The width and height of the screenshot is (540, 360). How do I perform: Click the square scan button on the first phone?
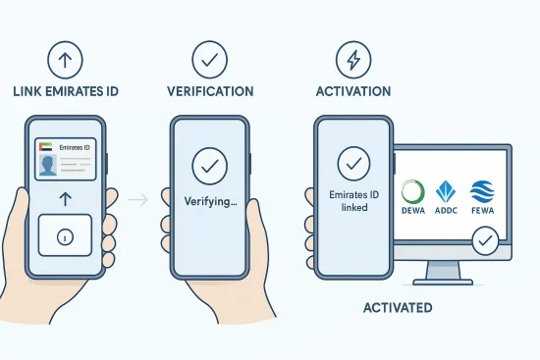coord(65,236)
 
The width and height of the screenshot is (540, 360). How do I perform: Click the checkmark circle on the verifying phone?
coord(207,166)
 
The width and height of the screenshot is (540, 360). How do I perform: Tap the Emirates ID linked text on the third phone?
coord(351,202)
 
